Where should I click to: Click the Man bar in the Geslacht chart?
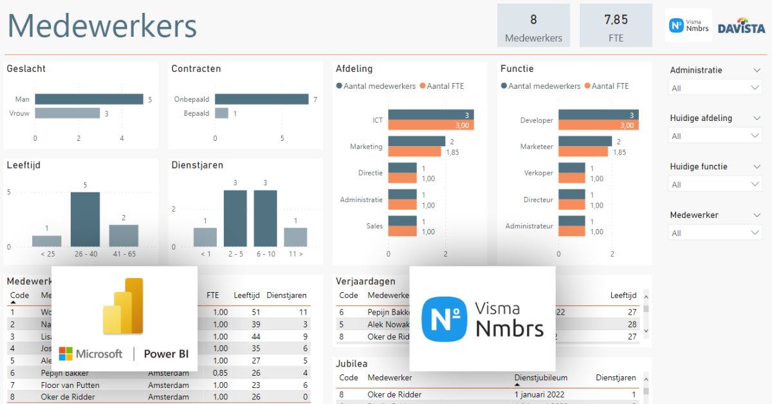(89, 99)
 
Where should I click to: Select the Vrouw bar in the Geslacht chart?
(67, 113)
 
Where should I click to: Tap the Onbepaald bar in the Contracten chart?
(261, 99)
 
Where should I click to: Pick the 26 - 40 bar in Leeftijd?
(85, 219)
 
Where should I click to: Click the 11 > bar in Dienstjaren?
(295, 237)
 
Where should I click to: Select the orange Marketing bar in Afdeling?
(414, 152)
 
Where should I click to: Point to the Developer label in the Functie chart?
(536, 120)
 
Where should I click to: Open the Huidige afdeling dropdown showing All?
(715, 136)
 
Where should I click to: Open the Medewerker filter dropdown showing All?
(715, 233)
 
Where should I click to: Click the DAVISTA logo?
(740, 26)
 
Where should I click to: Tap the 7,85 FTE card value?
(616, 20)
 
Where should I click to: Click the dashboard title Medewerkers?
(102, 26)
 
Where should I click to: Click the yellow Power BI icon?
(124, 306)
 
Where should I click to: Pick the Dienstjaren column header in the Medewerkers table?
(286, 295)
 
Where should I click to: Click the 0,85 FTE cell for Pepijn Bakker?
(220, 373)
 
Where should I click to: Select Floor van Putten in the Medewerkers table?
(69, 385)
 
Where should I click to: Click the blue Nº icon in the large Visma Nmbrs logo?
(445, 319)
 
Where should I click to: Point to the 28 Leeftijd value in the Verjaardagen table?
(632, 324)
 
